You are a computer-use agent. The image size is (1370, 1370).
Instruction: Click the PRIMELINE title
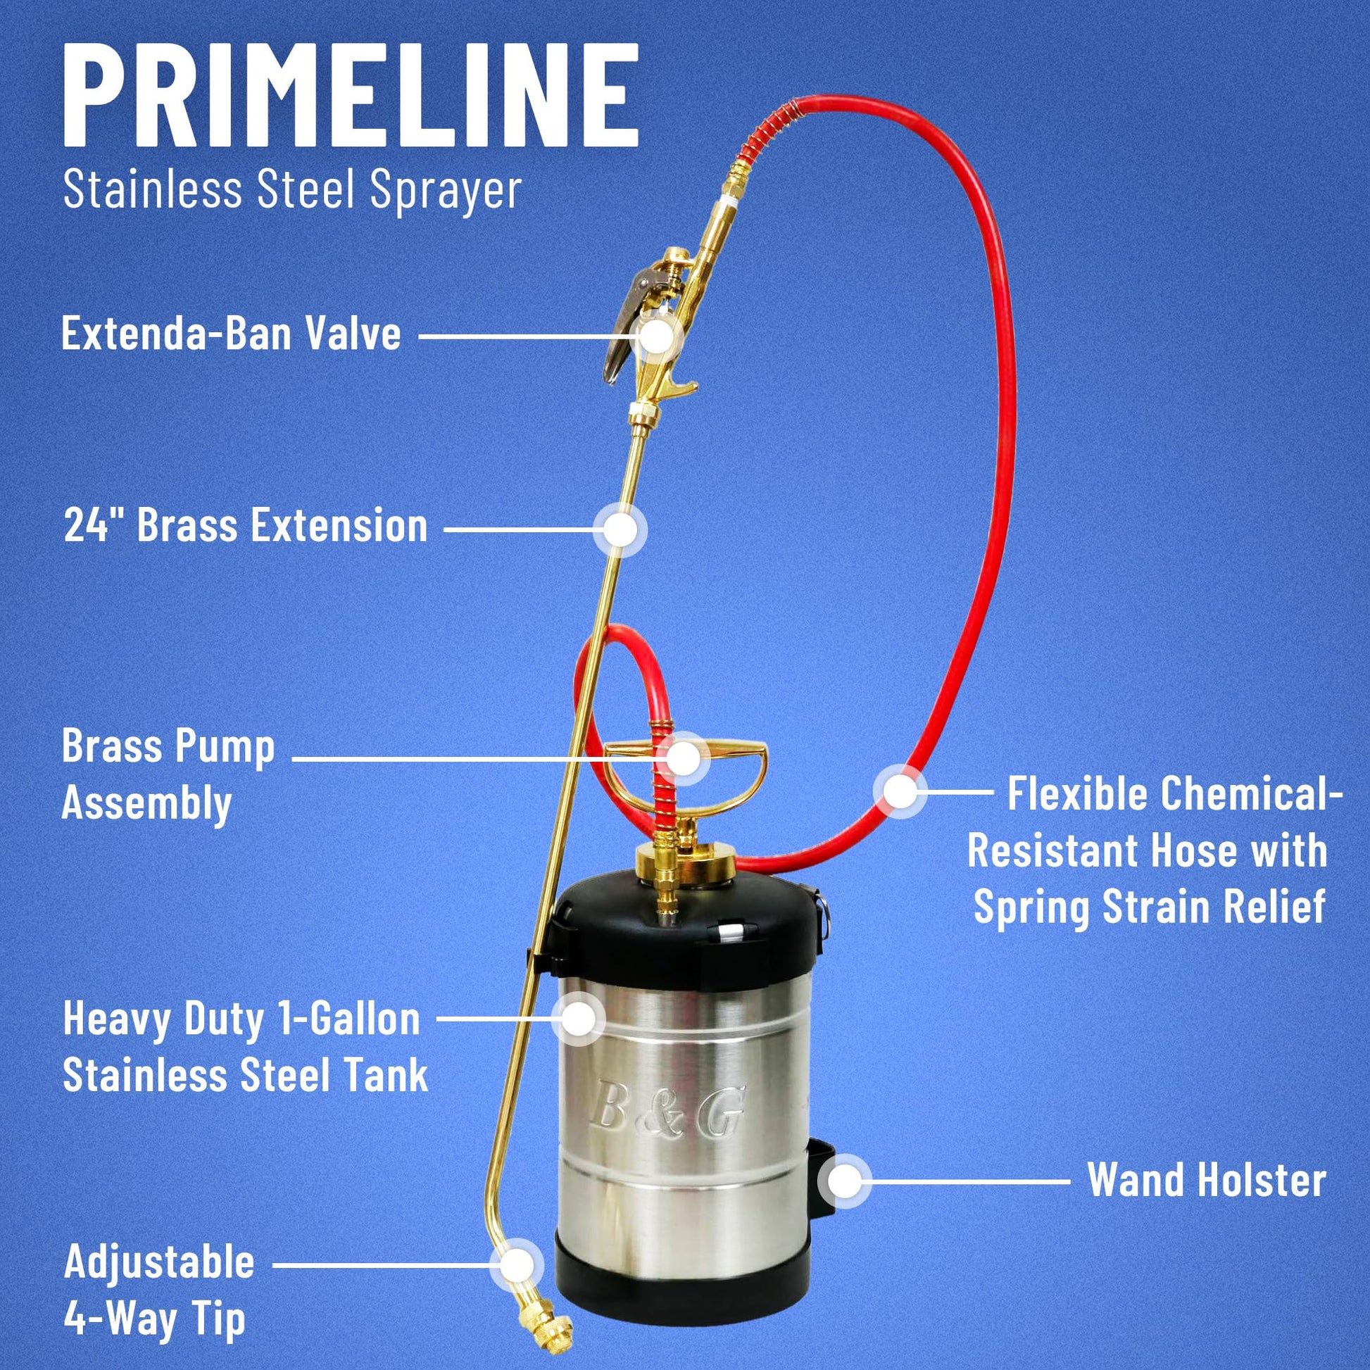tap(351, 94)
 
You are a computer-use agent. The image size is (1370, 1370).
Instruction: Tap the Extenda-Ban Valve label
tap(231, 333)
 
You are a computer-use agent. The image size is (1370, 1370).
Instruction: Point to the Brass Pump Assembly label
tap(168, 775)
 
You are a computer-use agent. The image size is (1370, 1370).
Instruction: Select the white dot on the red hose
tap(900, 791)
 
